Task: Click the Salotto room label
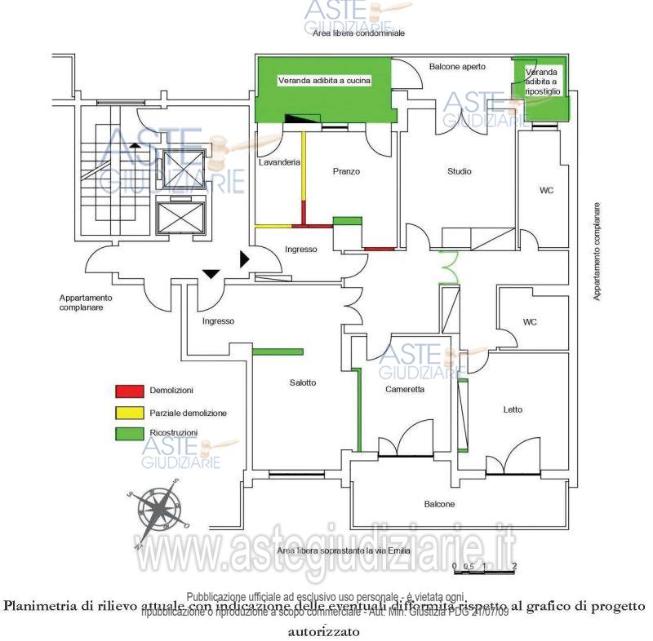(x=302, y=382)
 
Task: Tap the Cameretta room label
(x=405, y=390)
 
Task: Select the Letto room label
(x=513, y=409)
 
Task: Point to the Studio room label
(x=460, y=171)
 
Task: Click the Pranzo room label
(x=346, y=171)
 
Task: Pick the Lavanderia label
(x=280, y=163)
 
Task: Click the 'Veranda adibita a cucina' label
(x=325, y=81)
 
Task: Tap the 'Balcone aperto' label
(x=457, y=66)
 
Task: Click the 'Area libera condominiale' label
(x=358, y=34)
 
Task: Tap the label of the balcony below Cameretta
(x=439, y=504)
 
